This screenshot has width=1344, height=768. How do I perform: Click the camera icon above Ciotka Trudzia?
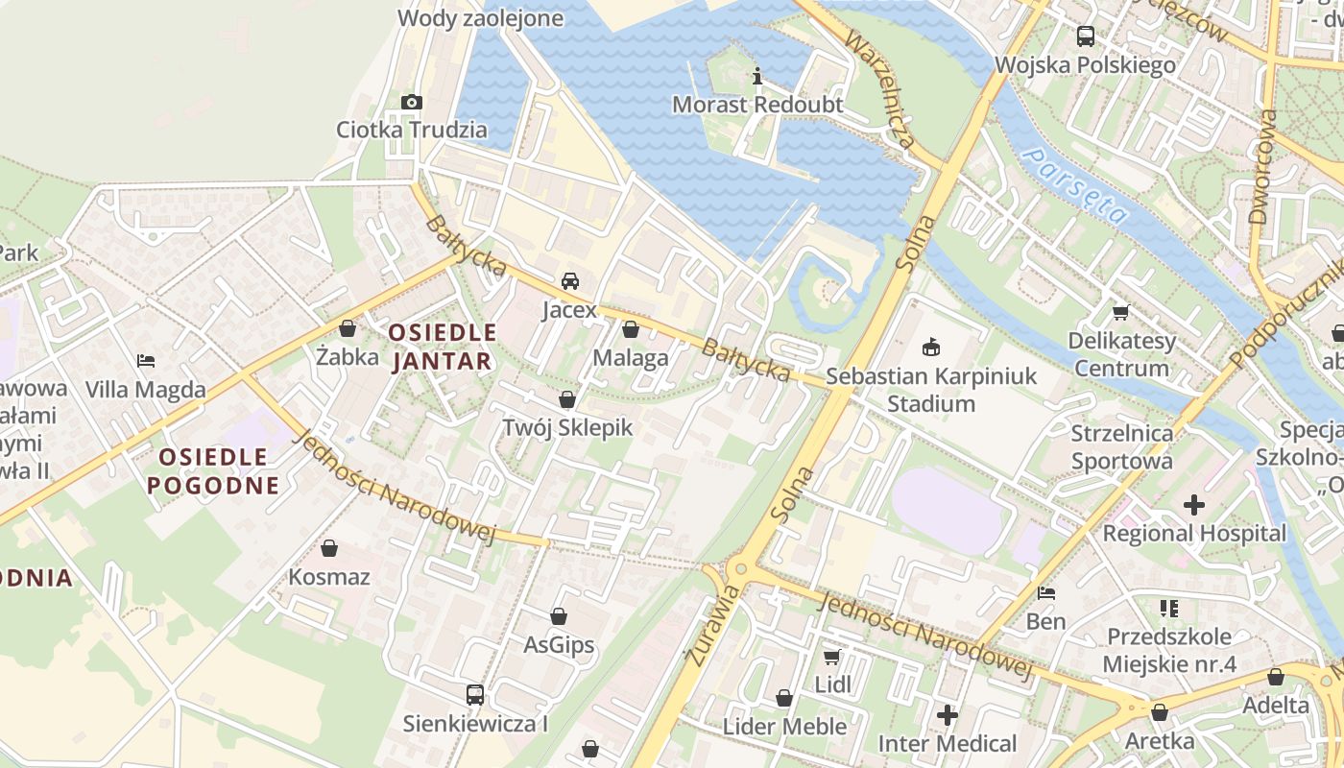click(x=411, y=102)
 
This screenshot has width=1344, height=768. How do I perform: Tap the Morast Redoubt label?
click(x=757, y=105)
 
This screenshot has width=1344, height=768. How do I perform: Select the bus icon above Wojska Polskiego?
click(x=1086, y=36)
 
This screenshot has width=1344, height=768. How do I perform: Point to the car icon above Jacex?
click(x=570, y=281)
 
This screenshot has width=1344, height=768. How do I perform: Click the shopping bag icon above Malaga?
click(x=631, y=330)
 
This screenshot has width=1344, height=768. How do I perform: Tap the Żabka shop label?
click(x=347, y=357)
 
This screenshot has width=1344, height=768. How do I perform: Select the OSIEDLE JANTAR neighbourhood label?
click(x=442, y=347)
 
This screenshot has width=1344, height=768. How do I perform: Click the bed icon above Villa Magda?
click(x=146, y=361)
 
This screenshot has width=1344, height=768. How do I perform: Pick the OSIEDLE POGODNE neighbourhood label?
click(x=213, y=470)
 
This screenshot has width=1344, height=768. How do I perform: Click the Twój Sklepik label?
click(x=567, y=427)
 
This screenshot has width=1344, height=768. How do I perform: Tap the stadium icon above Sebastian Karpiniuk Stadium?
click(x=930, y=347)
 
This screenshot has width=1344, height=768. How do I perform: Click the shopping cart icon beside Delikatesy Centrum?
click(x=1120, y=312)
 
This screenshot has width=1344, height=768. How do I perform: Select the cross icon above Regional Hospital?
click(x=1193, y=504)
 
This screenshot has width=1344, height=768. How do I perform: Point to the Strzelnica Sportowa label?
click(x=1121, y=446)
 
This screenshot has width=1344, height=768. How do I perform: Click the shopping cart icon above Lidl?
click(x=831, y=657)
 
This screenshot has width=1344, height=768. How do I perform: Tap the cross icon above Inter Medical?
click(x=948, y=715)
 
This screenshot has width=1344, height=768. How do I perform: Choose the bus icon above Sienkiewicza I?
click(x=475, y=694)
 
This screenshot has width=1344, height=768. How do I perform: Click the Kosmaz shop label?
click(x=329, y=577)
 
